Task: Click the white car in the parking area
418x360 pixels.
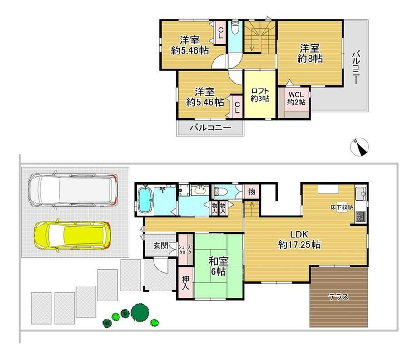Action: coord(72,189)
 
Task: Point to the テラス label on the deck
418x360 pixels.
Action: coord(339,296)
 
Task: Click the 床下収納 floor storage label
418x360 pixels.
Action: coord(342,207)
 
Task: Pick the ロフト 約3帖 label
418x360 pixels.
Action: coord(260,94)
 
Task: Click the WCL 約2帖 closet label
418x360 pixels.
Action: coord(296,98)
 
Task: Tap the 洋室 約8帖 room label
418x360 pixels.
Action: coord(310,54)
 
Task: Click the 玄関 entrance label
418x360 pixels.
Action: coord(160,245)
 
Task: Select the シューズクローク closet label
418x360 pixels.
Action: coord(185,249)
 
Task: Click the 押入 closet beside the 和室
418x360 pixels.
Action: coord(185,283)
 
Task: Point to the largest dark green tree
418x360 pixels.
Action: coord(140,311)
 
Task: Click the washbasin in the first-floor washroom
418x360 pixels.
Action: coord(199,190)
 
